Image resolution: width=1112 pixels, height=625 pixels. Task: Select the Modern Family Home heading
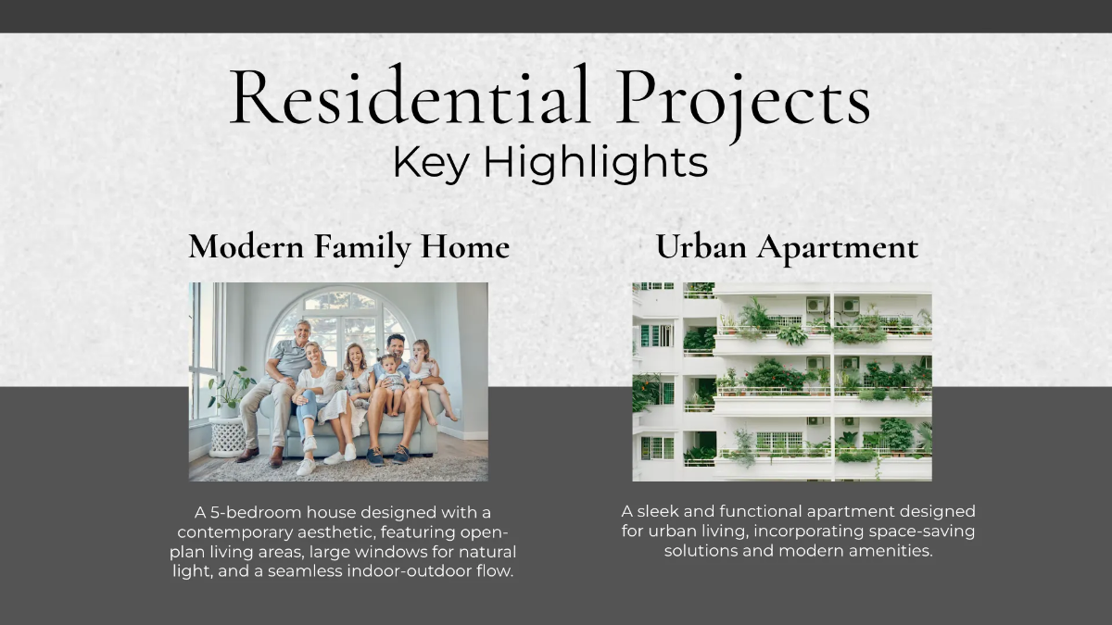[349, 247]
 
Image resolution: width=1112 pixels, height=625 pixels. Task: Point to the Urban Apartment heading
[787, 247]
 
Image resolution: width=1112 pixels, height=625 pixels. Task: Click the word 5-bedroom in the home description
[265, 512]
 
